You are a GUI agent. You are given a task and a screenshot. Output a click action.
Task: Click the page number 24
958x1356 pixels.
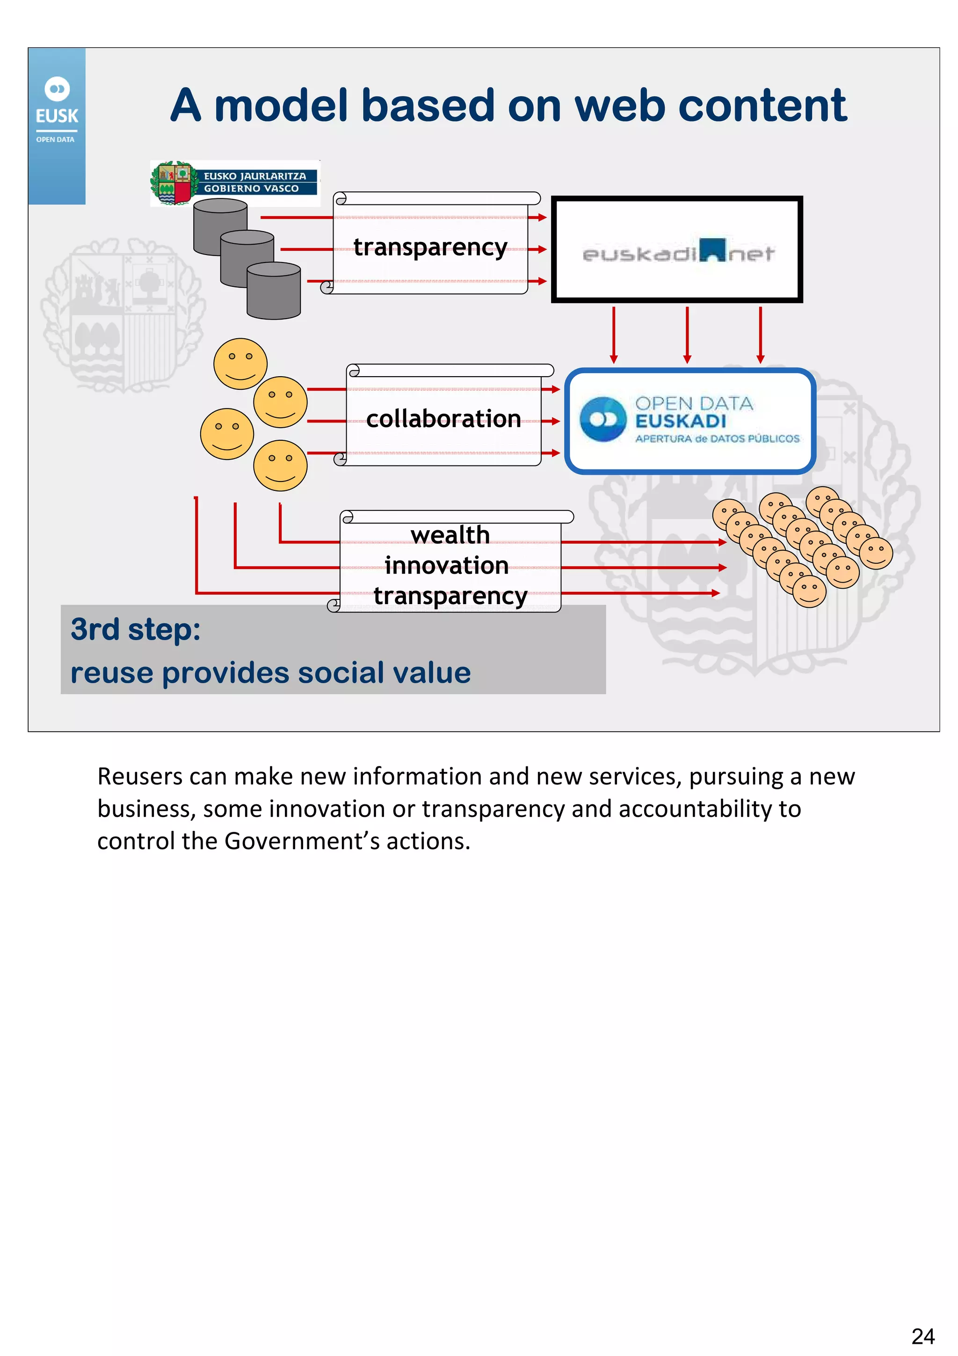tap(922, 1336)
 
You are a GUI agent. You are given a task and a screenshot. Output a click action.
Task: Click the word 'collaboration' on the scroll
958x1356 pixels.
tap(443, 419)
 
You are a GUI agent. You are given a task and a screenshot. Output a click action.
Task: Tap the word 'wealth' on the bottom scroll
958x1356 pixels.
tap(450, 534)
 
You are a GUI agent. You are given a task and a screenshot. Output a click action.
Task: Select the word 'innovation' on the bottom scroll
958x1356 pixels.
tap(446, 566)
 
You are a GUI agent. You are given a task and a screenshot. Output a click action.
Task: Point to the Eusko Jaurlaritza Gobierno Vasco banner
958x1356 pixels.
tap(235, 182)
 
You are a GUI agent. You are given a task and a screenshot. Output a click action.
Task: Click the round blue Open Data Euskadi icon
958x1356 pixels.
tap(602, 419)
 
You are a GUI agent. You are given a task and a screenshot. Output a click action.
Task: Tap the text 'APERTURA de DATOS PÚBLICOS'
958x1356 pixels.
tap(717, 439)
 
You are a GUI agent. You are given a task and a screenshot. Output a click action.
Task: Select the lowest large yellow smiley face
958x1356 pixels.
tap(280, 466)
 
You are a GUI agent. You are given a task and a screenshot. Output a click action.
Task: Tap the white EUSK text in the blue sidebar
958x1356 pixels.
tap(57, 116)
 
